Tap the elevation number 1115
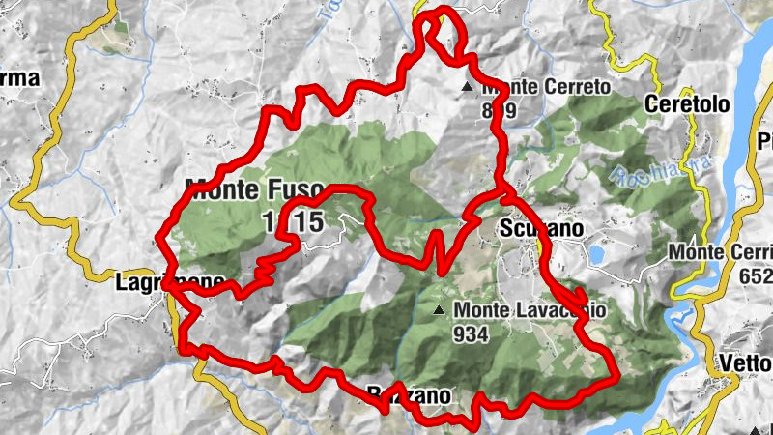click(x=292, y=222)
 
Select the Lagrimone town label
click(x=169, y=283)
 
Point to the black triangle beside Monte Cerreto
click(x=469, y=88)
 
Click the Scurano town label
click(x=542, y=229)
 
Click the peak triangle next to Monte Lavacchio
click(x=440, y=310)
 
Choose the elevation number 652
click(x=757, y=275)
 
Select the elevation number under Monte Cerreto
click(x=500, y=109)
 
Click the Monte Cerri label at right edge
click(x=721, y=253)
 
